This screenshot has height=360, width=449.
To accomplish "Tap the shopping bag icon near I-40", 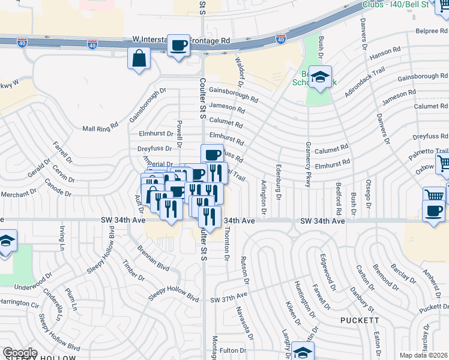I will pyautogui.click(x=139, y=59).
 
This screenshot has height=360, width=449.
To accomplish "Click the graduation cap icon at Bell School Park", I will pyautogui.click(x=321, y=77).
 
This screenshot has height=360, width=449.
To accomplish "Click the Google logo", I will pyautogui.click(x=20, y=353).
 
